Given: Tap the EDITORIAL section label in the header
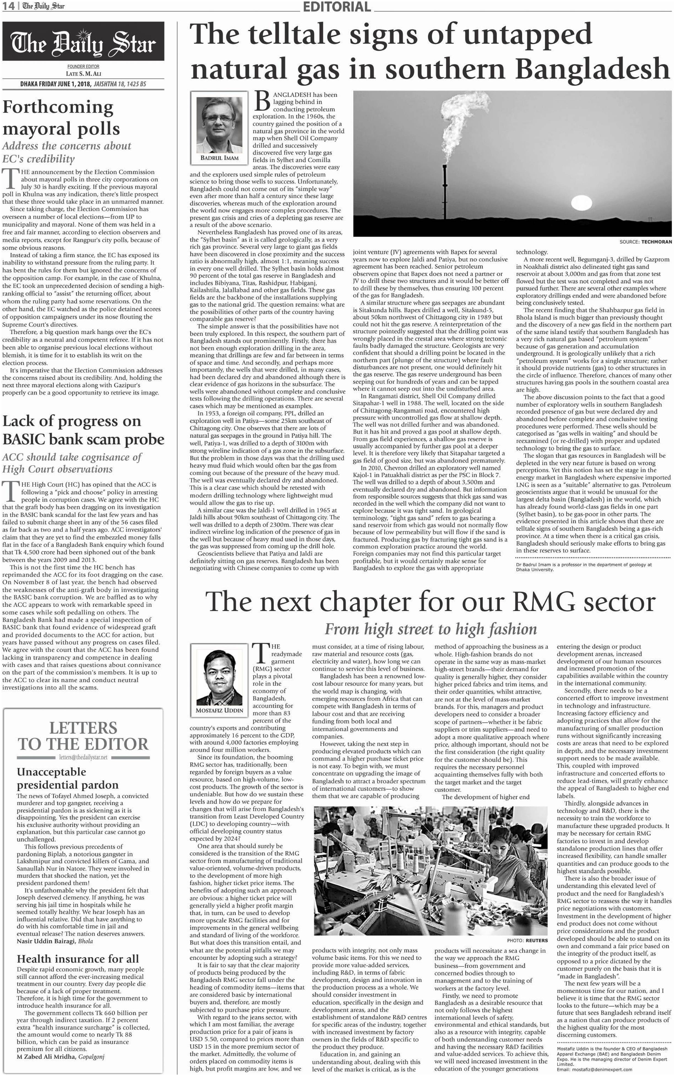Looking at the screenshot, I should pyautogui.click(x=337, y=7).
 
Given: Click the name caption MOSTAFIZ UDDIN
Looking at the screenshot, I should pyautogui.click(x=219, y=710).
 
